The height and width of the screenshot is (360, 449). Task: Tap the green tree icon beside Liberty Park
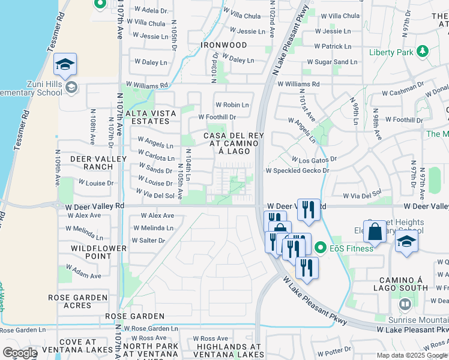coord(423,51)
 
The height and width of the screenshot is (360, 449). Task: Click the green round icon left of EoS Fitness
coord(321,247)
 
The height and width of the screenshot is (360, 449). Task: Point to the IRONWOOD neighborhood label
coord(224,46)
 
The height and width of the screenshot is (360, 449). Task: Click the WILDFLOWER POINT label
coord(98,252)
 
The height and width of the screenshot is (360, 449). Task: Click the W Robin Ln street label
coord(232,105)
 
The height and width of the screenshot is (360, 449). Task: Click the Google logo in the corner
coord(20,353)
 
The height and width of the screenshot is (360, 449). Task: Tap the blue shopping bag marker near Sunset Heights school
coord(375,232)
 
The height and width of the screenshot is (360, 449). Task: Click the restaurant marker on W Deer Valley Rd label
coord(309,209)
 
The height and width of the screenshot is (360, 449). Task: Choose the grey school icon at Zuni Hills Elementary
coord(71,88)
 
